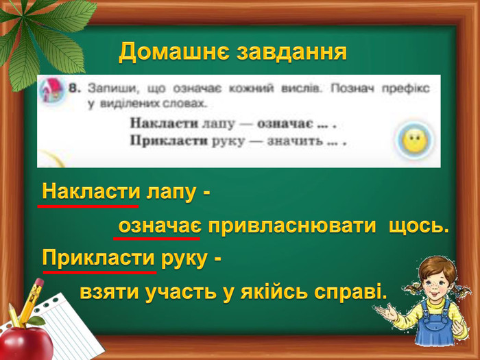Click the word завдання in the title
tap(291, 53)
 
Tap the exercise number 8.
tap(74, 89)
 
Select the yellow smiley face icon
tap(415, 141)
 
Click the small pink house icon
tap(51, 90)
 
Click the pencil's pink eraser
tap(39, 283)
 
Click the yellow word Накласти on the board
tap(91, 192)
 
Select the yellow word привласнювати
tap(291, 227)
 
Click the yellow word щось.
tap(418, 227)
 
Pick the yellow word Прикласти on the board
tap(98, 258)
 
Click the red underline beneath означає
tap(157, 238)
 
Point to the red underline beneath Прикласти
tap(100, 272)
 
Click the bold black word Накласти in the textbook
tap(165, 123)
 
